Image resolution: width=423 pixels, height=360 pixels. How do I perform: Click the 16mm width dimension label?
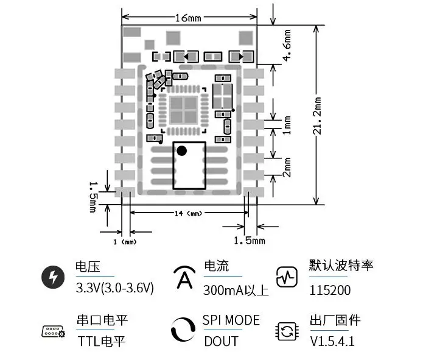point(188,18)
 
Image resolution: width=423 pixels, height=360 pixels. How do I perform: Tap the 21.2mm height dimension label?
point(317,116)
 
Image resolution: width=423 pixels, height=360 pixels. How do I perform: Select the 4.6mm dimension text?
point(287,45)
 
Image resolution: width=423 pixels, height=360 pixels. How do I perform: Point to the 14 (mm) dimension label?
point(188,214)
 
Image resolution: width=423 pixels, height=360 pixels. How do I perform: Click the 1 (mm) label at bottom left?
point(125,242)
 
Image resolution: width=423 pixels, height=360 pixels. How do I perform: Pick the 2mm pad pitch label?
point(287,167)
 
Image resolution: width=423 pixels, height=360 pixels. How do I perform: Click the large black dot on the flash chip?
point(181,150)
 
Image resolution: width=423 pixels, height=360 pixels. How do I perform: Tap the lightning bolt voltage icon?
point(53,277)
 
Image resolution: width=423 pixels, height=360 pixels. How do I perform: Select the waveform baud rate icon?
point(287,277)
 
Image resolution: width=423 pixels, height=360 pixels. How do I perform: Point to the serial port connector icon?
point(54,331)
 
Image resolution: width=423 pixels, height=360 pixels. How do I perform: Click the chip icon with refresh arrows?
point(287,331)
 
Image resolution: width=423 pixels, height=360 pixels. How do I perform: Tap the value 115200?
point(330,291)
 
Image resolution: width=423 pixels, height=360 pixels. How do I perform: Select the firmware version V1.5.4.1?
point(332,341)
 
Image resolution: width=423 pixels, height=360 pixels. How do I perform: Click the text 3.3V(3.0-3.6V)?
point(115,288)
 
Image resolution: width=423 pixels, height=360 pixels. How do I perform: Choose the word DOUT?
point(221,341)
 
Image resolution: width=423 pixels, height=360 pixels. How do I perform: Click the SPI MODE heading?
point(231,320)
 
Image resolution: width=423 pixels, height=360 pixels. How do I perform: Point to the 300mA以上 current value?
point(236,291)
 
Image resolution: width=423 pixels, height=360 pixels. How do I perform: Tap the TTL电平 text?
point(102,341)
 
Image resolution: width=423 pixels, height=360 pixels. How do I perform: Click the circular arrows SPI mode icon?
point(183,330)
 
